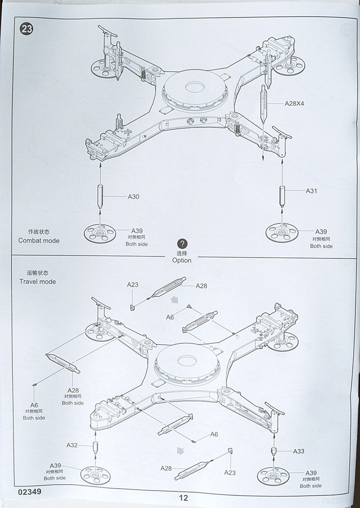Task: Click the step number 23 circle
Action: [26, 29]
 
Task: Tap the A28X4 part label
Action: [295, 104]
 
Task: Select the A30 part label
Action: [133, 196]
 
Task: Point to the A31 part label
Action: [311, 190]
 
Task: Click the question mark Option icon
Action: [182, 244]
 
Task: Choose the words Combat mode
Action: [39, 241]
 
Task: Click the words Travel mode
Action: [38, 281]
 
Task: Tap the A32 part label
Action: [72, 445]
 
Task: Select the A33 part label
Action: [299, 451]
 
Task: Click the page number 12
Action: [183, 498]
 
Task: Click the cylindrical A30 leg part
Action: [100, 196]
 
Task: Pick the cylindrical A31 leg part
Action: [282, 196]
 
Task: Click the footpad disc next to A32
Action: [95, 476]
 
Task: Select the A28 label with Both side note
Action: [73, 390]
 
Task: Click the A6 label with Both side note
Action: [34, 405]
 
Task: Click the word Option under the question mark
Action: [181, 260]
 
